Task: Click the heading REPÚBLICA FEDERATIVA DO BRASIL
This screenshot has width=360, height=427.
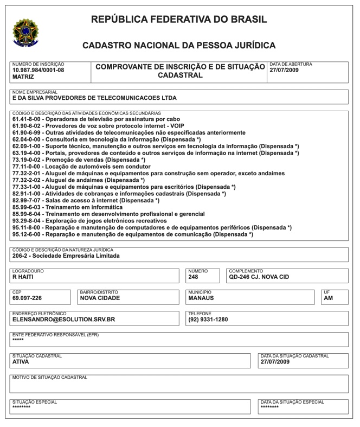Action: (179, 20)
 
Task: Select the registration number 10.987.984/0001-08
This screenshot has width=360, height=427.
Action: (38, 70)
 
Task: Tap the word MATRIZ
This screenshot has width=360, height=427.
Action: (23, 77)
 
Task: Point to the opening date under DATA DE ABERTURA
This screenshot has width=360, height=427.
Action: (284, 70)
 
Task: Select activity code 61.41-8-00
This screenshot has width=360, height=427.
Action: (27, 119)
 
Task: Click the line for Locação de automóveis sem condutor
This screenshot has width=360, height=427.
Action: (81, 167)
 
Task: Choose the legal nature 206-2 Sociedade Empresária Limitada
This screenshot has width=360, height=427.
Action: (66, 256)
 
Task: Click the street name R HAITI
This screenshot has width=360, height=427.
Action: (23, 277)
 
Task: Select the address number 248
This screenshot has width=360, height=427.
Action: (194, 277)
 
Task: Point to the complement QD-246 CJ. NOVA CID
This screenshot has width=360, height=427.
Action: (259, 277)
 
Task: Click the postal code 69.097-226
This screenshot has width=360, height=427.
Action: (27, 298)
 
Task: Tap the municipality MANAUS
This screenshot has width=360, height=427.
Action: (201, 298)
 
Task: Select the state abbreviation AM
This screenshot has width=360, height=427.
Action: (328, 298)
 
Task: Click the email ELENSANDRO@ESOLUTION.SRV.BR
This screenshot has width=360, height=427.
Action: (64, 320)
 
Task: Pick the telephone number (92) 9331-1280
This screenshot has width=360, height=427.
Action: (208, 320)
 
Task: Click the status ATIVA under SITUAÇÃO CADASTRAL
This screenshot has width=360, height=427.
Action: (21, 362)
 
